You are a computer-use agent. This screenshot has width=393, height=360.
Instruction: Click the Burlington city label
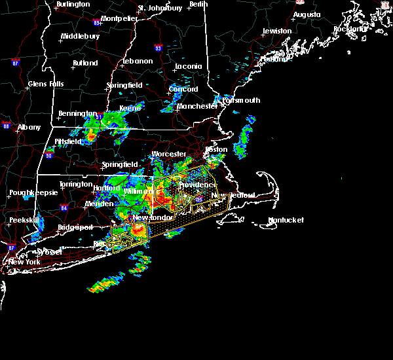(x=73, y=5)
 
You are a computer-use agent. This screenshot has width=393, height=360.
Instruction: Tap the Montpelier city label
(x=120, y=18)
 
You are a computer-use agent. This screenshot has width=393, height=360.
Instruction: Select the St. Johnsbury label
(x=160, y=9)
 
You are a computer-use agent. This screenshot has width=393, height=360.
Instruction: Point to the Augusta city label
(x=307, y=14)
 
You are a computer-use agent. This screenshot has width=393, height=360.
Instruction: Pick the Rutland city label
(x=85, y=63)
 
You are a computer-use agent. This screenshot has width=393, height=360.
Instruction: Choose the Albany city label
(x=29, y=128)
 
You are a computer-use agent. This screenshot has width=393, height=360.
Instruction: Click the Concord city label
(x=183, y=90)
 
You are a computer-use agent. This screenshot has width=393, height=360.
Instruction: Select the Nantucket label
(x=286, y=221)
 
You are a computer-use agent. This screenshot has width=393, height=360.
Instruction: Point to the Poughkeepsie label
(x=32, y=194)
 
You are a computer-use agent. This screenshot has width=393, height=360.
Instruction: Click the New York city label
(x=24, y=262)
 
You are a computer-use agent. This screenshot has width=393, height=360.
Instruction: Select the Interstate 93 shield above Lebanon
(x=157, y=48)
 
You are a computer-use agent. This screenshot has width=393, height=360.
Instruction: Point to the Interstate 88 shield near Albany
(x=6, y=125)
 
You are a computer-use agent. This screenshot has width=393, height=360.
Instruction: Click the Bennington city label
(x=78, y=114)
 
